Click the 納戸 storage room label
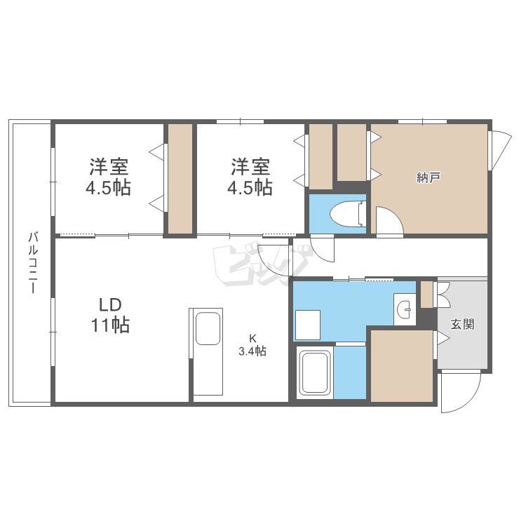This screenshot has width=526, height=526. point(429,177)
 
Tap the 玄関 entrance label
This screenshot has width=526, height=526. point(462,324)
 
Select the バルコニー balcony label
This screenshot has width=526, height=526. point(33,262)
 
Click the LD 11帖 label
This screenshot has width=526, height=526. point(110,316)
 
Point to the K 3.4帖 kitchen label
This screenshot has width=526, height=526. point(252,345)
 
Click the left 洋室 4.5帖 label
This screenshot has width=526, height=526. point(108,177)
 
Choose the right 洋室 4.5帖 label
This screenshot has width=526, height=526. point(250,177)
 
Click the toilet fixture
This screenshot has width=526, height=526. point(348,213)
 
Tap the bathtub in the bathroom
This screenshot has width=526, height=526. point(315,372)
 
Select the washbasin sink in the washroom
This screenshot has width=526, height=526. point(405,309)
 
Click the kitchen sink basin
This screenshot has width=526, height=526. point(208,329)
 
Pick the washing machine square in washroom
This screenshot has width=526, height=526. point(308,325)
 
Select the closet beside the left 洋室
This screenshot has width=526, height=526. point(180,179)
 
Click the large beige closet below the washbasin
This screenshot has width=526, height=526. point(402,365)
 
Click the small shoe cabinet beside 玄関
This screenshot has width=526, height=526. point(426,295)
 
